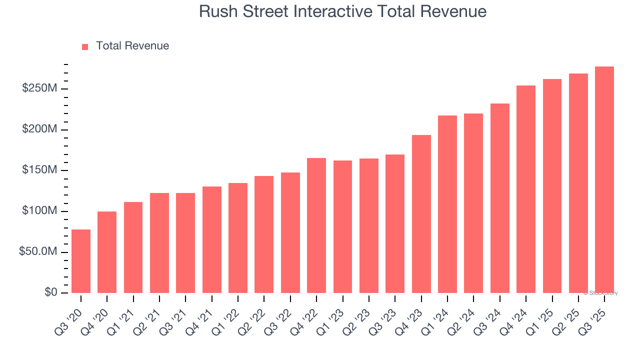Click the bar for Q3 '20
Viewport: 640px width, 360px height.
(x=81, y=261)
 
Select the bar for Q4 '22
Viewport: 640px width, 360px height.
(x=316, y=225)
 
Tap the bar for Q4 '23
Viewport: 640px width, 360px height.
(x=421, y=214)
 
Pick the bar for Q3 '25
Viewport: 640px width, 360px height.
(x=604, y=179)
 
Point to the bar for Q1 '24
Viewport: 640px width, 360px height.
(x=447, y=204)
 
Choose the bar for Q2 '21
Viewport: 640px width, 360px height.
(x=159, y=243)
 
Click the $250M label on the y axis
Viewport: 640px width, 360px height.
(x=39, y=88)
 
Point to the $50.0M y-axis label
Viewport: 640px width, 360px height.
(x=38, y=252)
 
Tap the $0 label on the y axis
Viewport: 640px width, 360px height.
(x=51, y=292)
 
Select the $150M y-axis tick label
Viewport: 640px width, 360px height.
(x=39, y=170)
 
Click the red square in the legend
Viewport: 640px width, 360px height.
(x=85, y=46)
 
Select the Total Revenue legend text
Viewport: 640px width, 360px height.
(x=132, y=46)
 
